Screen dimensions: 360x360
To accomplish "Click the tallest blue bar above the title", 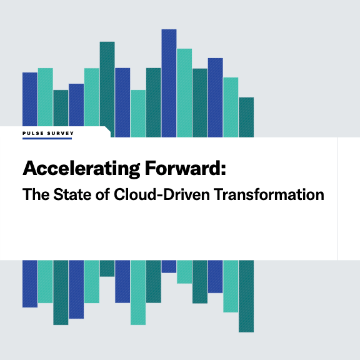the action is coord(169,83).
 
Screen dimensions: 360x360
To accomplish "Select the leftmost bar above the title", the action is coord(30,99).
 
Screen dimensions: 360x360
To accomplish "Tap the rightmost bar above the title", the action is coord(246,117).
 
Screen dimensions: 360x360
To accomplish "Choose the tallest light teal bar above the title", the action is coord(184,93).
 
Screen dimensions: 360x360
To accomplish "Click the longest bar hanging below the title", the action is coord(246,296).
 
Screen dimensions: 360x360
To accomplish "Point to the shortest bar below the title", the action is coord(169,266).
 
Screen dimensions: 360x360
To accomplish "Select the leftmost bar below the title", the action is coord(30,284).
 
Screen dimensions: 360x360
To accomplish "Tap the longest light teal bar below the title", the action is coord(138,292).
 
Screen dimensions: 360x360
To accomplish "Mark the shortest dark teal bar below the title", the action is coord(107,268).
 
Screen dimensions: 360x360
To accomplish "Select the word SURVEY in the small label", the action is coord(61,133).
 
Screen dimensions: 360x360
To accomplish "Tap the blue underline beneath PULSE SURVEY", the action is coord(47,139).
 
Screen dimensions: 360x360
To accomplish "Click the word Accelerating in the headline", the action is coord(81,169).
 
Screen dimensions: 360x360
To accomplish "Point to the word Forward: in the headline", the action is coord(186,168).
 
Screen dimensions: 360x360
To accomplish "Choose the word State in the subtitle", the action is coord(72,194).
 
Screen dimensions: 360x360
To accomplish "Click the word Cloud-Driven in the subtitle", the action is coord(162,194).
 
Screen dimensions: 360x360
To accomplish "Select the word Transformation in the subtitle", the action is coord(270,194).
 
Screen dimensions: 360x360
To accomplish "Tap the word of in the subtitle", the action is coord(102,194).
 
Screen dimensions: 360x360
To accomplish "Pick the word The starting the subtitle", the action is coord(36,194).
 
